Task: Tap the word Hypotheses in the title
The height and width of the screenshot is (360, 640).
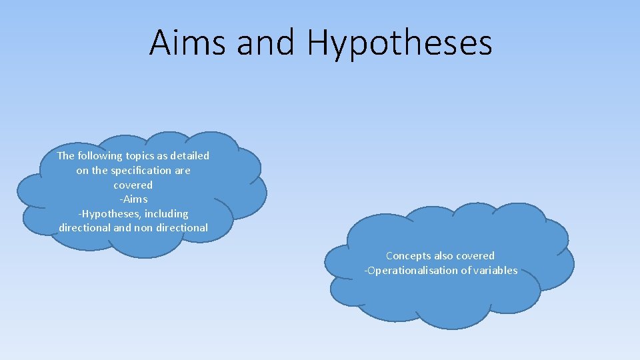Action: [x=399, y=43]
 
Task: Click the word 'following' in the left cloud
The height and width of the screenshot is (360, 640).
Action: [x=100, y=156]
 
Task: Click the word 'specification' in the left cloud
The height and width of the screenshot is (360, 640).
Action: [x=141, y=171]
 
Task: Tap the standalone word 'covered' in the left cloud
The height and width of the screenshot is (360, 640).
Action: [x=133, y=185]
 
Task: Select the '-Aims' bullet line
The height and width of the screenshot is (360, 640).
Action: [x=133, y=199]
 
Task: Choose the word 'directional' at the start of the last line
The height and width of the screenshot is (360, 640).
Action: [x=85, y=228]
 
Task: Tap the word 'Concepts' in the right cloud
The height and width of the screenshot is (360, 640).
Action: [x=408, y=256]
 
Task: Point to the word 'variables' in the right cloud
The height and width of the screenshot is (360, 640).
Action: [x=495, y=271]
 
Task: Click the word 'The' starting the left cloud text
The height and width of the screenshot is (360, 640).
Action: [x=66, y=156]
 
